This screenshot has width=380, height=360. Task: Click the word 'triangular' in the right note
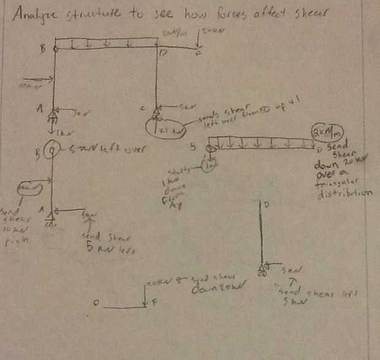click(338, 184)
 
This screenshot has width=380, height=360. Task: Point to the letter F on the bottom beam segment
click(154, 302)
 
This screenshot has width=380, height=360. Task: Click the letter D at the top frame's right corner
click(162, 54)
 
